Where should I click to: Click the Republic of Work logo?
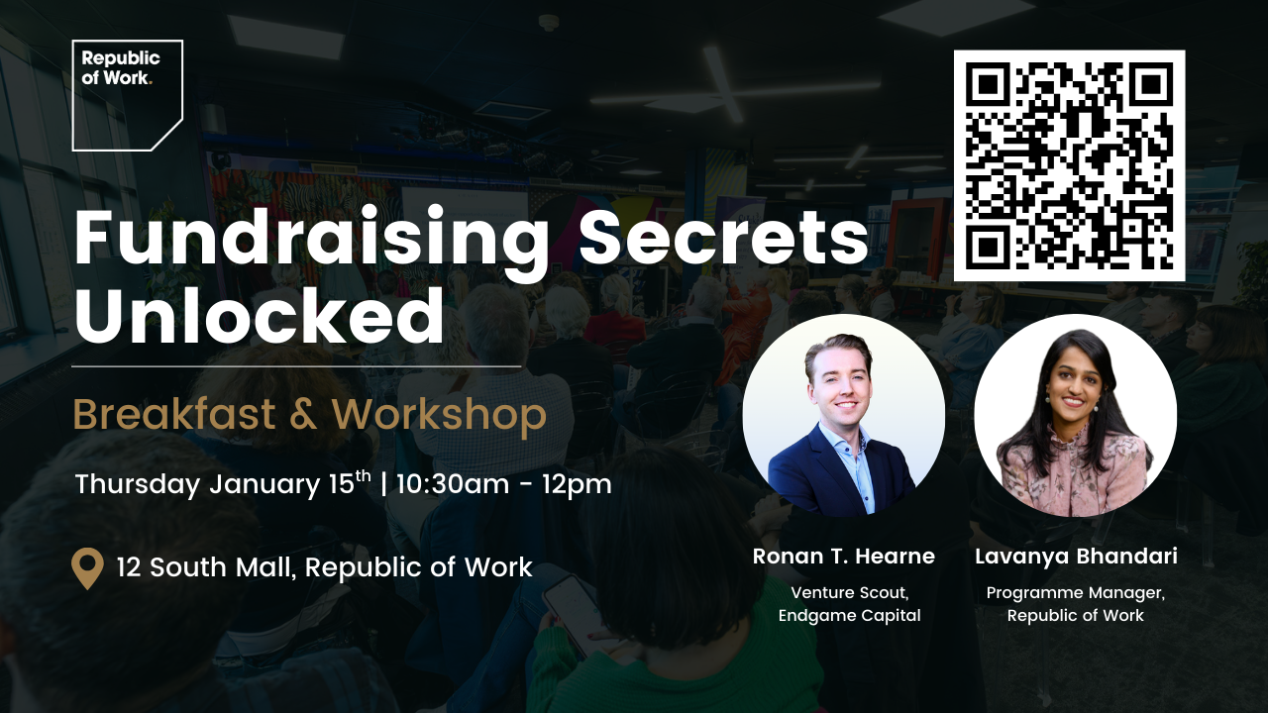[x=127, y=94]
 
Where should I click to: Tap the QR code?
[x=1069, y=165]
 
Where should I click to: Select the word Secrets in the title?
[x=723, y=238]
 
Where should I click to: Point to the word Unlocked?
[x=260, y=317]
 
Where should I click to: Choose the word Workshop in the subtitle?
[x=439, y=417]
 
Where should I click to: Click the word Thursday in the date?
[x=138, y=485]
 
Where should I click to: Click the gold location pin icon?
[x=88, y=568]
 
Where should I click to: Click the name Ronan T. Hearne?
[x=843, y=557]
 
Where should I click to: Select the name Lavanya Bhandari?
[x=1076, y=557]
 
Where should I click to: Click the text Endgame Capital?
[x=849, y=616]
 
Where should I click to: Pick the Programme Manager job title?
[x=1076, y=593]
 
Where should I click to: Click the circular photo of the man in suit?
[x=843, y=416]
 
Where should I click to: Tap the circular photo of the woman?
[x=1075, y=416]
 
